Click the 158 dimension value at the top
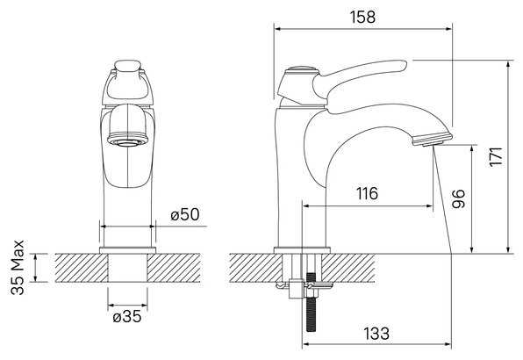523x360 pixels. (362, 17)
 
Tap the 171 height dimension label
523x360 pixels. (496, 156)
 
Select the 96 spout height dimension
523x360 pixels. (459, 198)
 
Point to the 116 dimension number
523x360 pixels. (367, 193)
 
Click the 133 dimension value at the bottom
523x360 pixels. (376, 334)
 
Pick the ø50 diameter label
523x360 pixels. (185, 214)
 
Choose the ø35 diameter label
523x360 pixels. (127, 316)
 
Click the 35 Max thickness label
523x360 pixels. (18, 267)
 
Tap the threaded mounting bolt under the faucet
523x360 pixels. (311, 302)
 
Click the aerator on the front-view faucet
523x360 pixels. (127, 140)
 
